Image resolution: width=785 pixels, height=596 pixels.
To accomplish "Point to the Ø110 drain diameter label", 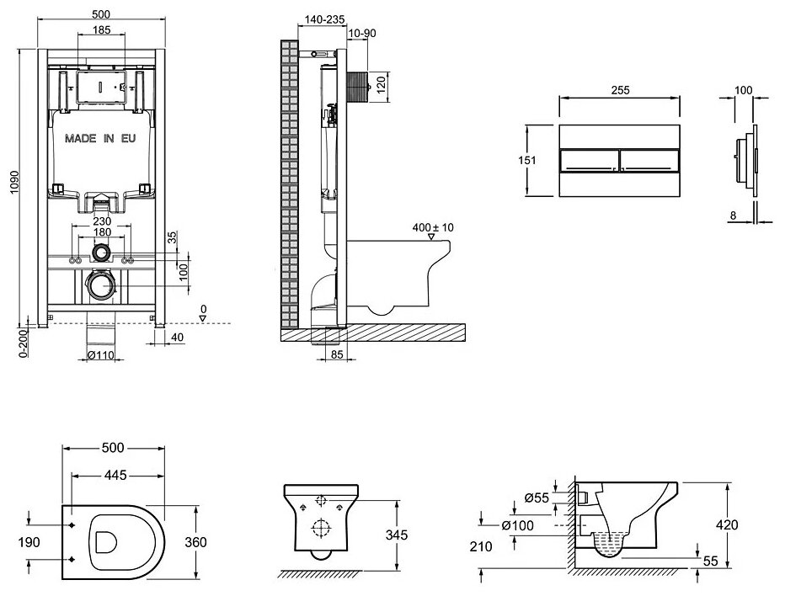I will tap(102, 355).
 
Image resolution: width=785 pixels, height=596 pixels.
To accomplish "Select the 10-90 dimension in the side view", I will tap(362, 33).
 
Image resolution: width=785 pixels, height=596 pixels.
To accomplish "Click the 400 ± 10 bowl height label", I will tap(434, 227).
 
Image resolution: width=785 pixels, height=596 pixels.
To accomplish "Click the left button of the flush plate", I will tap(589, 161).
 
